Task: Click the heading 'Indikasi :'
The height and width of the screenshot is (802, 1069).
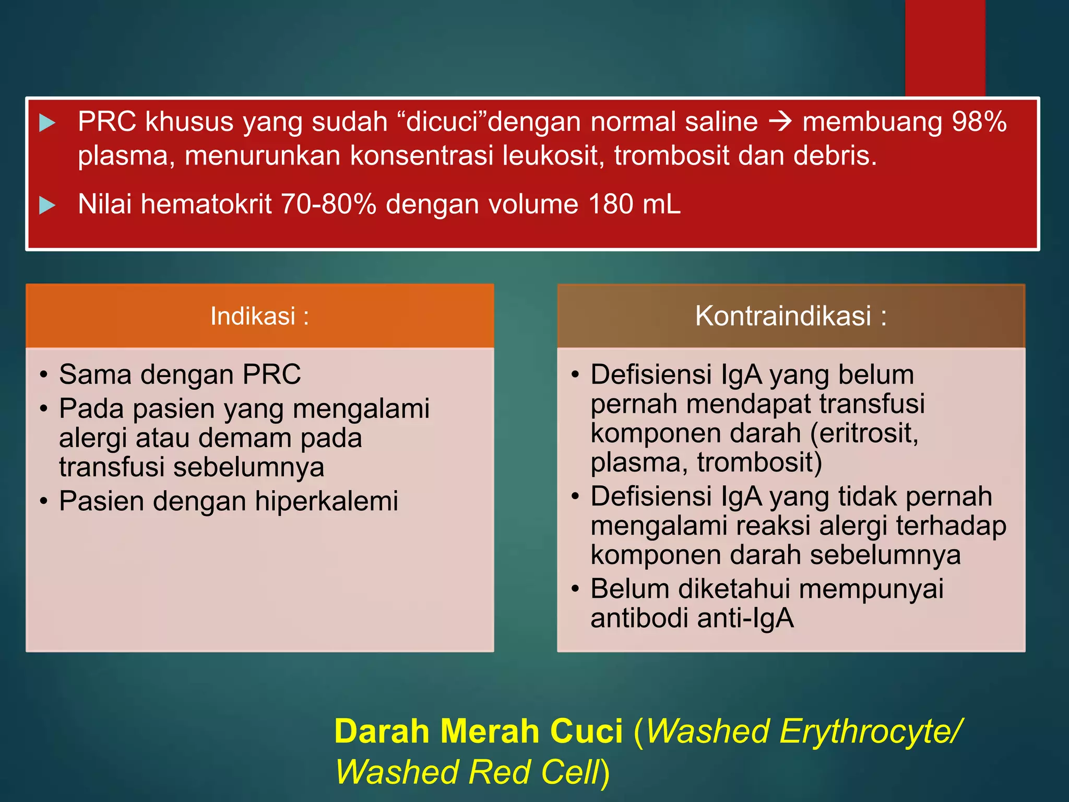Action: click(x=259, y=316)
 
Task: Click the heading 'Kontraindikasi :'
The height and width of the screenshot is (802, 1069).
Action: click(x=790, y=316)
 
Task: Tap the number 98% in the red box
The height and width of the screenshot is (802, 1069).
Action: click(x=979, y=122)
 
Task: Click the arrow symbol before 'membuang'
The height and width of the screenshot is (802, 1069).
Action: click(x=780, y=122)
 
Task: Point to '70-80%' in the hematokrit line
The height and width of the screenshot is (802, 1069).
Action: click(x=328, y=204)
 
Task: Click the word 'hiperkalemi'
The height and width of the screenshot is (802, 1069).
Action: click(x=326, y=501)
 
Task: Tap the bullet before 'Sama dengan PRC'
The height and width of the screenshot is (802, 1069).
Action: click(x=44, y=375)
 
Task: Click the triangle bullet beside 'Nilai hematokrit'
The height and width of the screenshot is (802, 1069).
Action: click(x=47, y=205)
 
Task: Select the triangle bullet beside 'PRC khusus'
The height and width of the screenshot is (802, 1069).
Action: click(x=47, y=123)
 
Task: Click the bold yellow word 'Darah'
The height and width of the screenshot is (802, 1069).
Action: click(x=382, y=731)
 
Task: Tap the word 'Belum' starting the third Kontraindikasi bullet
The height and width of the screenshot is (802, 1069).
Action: click(x=629, y=589)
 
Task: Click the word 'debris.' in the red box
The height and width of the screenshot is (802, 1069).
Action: click(x=835, y=156)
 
